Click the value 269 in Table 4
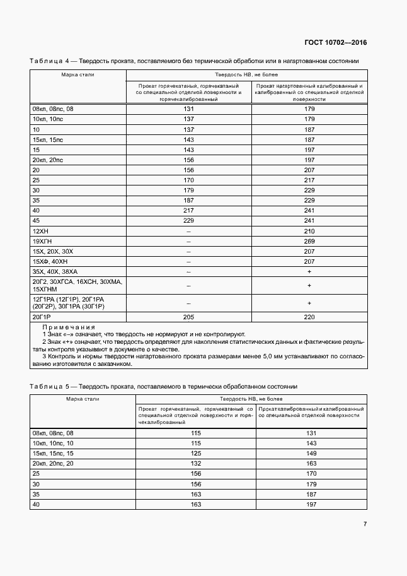pos(309,241)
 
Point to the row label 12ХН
pos(40,232)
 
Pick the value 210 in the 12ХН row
pos(309,232)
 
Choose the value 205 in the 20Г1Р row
pos(188,317)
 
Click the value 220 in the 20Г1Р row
pos(309,317)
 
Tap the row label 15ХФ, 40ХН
pos(49,261)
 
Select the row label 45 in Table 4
pos(36,221)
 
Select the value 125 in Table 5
pos(195,453)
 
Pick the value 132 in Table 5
pos(195,462)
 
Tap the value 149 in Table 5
pos(311,453)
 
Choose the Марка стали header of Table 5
pos(82,399)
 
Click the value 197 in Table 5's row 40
pos(311,504)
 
